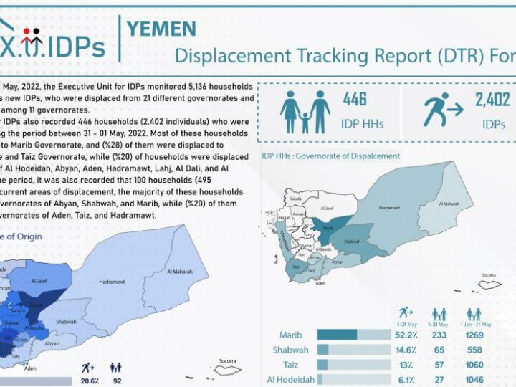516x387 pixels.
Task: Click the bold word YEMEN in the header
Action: pyautogui.click(x=161, y=28)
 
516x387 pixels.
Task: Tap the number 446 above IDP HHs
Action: pyautogui.click(x=355, y=100)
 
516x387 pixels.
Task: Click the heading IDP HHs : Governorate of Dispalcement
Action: pyautogui.click(x=330, y=156)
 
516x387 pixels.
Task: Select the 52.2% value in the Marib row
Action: pyautogui.click(x=407, y=335)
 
